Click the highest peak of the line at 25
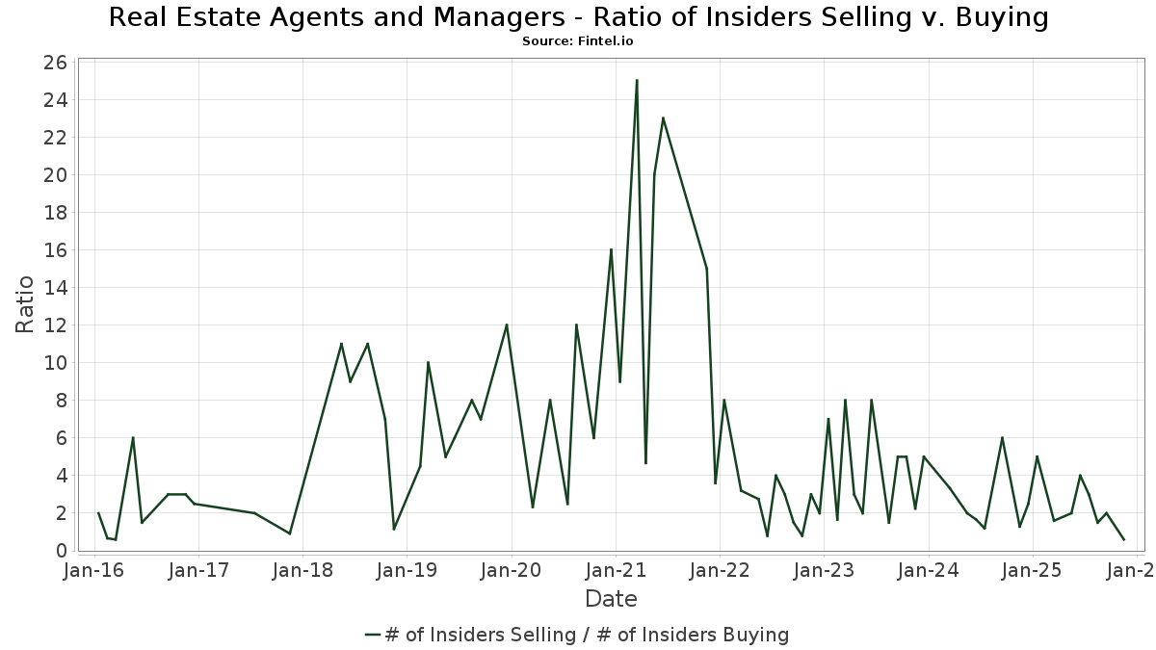(637, 81)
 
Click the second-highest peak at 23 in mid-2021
(663, 118)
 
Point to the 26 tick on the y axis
(55, 63)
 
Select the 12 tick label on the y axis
(55, 325)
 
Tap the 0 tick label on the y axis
(60, 551)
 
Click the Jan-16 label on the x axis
(94, 570)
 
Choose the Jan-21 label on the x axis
(616, 570)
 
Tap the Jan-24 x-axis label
(928, 570)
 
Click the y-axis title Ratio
(25, 304)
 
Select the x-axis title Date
(611, 599)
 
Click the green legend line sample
(374, 635)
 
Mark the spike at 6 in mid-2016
(133, 438)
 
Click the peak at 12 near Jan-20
(507, 325)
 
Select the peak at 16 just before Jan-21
(611, 250)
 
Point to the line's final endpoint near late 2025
(1123, 539)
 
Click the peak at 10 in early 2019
(428, 363)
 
